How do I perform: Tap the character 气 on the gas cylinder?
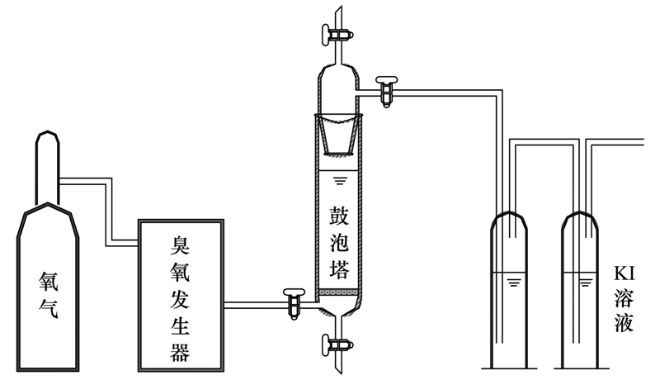coord(49,312)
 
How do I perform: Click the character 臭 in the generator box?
coord(180,245)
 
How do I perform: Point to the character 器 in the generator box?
coord(180,353)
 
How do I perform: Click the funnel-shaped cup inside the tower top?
coord(339,135)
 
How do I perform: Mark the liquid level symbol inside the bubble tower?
coord(338,178)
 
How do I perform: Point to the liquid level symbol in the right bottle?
coord(586,283)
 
